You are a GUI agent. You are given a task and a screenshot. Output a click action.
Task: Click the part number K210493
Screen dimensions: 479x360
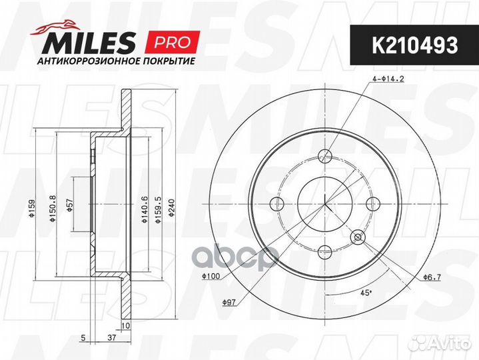point(414,45)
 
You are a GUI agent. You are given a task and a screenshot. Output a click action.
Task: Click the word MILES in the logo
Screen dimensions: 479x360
point(89,43)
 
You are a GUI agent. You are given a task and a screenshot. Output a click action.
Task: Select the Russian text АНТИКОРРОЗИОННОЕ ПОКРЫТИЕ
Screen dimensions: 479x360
point(116,61)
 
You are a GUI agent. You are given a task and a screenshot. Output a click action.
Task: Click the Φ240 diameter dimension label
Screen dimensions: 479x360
point(172,208)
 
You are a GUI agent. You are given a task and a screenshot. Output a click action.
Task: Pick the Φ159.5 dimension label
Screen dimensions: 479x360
point(159,209)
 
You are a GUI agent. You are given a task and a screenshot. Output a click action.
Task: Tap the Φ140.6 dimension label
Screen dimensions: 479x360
point(145,209)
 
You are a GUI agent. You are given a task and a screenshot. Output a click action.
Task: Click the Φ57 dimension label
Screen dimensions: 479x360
point(70,206)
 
